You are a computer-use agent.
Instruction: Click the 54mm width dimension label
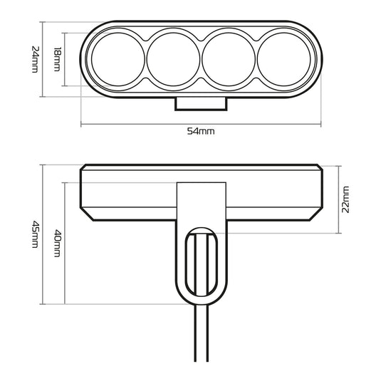pyautogui.click(x=200, y=131)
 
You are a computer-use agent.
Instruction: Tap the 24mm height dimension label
pyautogui.click(x=33, y=58)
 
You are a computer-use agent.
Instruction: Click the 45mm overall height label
pyautogui.click(x=33, y=234)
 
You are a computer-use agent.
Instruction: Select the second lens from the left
pyautogui.click(x=172, y=58)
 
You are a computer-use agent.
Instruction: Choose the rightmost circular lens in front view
pyautogui.click(x=283, y=58)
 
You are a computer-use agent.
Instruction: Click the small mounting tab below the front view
pyautogui.click(x=202, y=103)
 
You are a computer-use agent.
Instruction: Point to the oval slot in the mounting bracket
pyautogui.click(x=202, y=263)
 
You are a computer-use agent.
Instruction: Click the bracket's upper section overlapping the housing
pyautogui.click(x=202, y=199)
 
